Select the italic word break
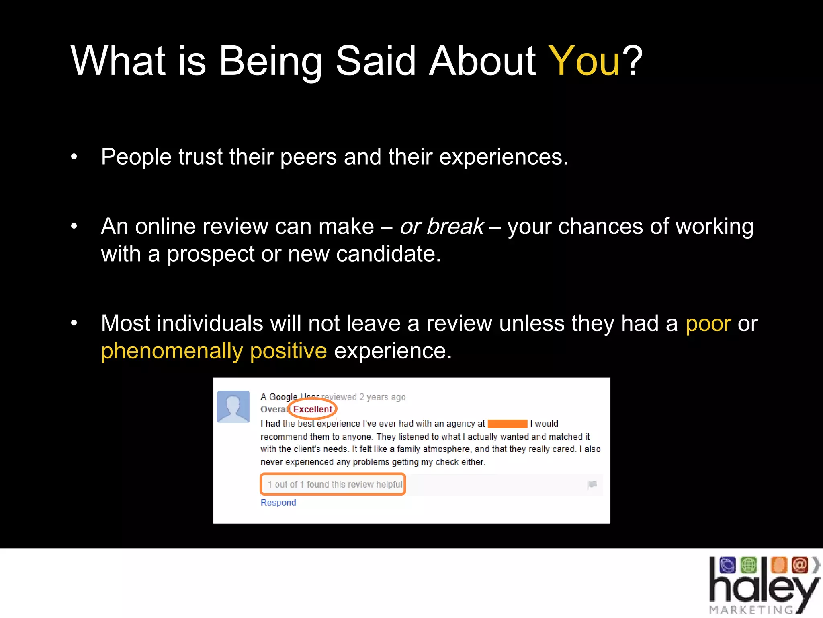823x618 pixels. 455,226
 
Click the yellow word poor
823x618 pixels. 708,323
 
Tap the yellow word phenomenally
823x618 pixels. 172,351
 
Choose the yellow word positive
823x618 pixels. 288,351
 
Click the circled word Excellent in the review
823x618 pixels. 313,409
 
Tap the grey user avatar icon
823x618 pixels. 233,407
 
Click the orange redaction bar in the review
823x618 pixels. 507,424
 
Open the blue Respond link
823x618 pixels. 278,503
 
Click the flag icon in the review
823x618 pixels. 592,484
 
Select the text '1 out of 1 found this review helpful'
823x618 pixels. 335,484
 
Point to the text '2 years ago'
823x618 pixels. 382,397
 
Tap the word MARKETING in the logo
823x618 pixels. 751,610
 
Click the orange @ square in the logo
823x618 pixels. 799,565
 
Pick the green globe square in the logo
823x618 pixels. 748,565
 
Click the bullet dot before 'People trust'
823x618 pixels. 74,157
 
